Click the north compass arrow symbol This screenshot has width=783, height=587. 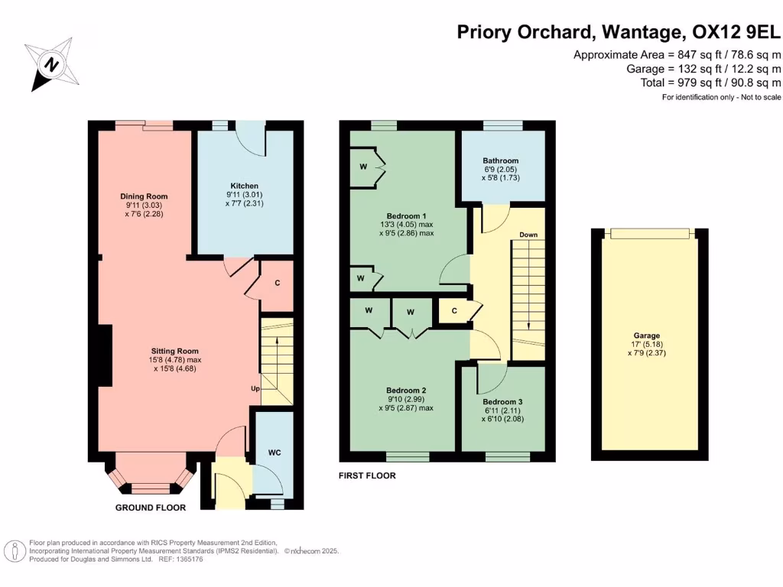pos(51,65)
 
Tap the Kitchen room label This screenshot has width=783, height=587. pos(244,186)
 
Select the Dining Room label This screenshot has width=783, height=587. pos(144,196)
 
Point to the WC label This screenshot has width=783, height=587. pos(275,453)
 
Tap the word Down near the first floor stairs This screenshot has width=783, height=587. pos(528,235)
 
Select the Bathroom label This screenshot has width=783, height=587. pos(500,161)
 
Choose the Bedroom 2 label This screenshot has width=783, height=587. pos(406,390)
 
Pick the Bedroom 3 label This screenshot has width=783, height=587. pos(503,401)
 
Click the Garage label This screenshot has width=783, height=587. pos(646,336)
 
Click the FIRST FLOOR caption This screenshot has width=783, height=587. pos(367,475)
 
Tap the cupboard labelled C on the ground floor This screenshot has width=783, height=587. pos(277,283)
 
